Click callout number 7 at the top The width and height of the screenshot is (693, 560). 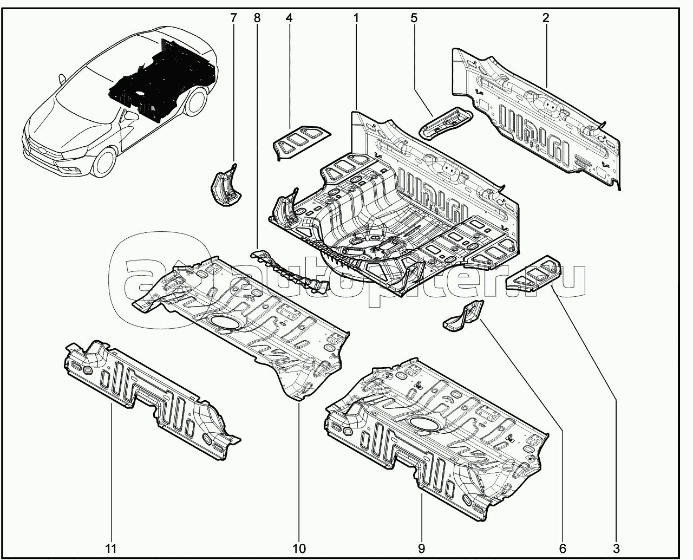233,18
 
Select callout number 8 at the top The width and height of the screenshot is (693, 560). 257,18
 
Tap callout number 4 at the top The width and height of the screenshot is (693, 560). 289,18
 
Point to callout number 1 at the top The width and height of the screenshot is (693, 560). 356,18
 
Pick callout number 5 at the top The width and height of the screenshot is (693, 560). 414,18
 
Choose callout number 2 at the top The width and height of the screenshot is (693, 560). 546,18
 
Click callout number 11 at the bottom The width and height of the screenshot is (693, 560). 111,548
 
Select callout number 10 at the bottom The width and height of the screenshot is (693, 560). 299,548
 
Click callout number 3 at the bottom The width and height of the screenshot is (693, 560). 616,548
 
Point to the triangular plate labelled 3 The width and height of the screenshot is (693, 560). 533,273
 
